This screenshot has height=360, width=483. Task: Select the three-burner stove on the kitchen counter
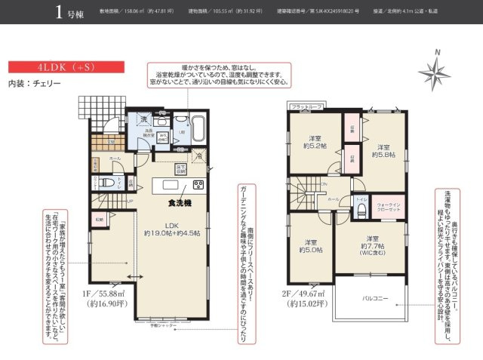pyautogui.click(x=198, y=185)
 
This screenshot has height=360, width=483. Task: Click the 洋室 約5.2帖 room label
pyautogui.click(x=316, y=143)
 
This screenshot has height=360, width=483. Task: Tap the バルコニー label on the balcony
pyautogui.click(x=374, y=298)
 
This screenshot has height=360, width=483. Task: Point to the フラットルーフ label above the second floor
pyautogui.click(x=306, y=107)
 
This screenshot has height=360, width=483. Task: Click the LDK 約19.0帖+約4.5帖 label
pyautogui.click(x=173, y=229)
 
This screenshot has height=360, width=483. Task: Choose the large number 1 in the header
pyautogui.click(x=59, y=12)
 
